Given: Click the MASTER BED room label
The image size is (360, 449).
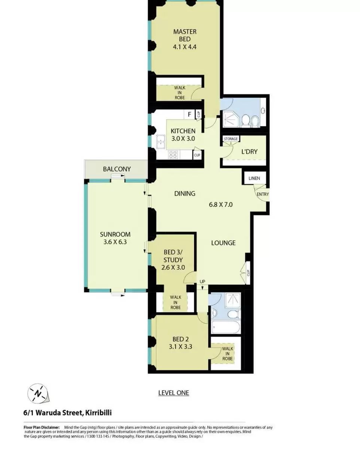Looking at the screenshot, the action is (185, 35).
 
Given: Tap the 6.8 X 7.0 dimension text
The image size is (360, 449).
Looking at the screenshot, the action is (220, 204).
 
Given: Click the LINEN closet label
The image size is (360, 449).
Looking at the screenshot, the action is (254, 178).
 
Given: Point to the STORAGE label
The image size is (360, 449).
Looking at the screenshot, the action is (231, 139).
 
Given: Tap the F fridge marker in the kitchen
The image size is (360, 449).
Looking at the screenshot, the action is (189, 114).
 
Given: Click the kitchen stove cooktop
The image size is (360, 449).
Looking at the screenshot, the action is (173, 155).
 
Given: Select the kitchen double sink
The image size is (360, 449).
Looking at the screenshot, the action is (161, 142).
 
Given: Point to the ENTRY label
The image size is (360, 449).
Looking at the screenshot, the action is (263, 194).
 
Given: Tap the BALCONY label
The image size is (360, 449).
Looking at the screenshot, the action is (117, 169).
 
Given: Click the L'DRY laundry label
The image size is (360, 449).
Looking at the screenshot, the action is (249, 152).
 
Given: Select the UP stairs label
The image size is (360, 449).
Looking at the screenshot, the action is (202, 282).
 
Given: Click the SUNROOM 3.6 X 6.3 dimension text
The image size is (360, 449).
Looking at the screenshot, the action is (115, 242).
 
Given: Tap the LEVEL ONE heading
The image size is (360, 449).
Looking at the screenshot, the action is (174, 393).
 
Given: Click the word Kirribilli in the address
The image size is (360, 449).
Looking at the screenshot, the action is (98, 413).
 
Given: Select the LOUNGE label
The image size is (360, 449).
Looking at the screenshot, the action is (223, 243).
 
